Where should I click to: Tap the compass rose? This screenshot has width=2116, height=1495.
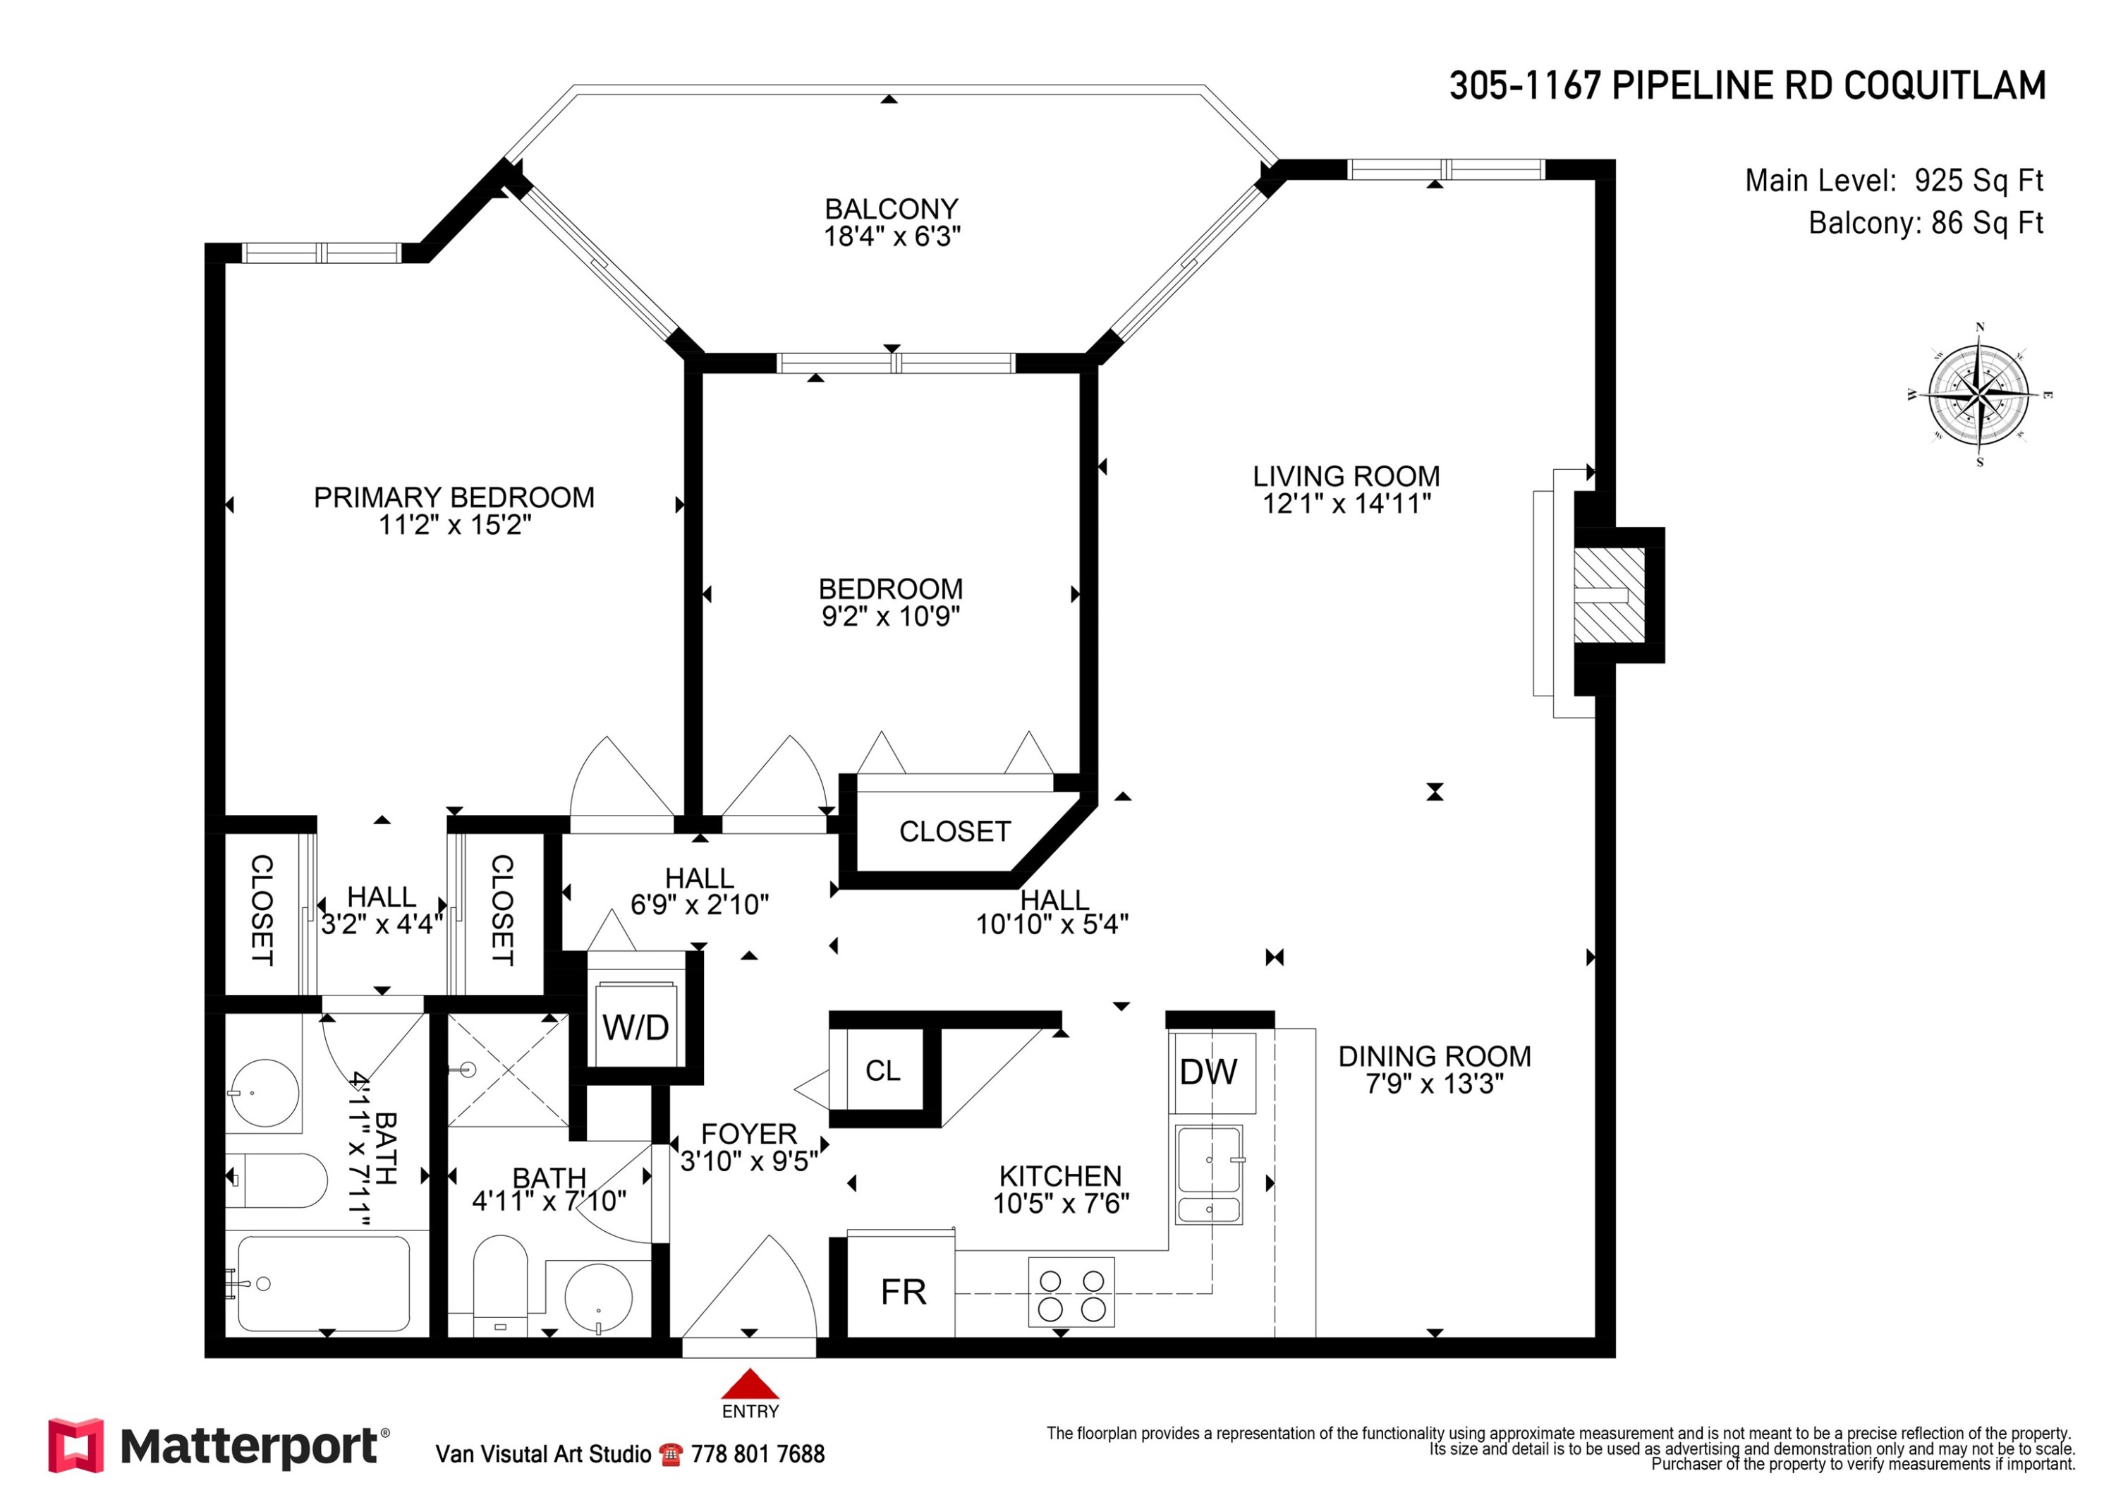[1978, 394]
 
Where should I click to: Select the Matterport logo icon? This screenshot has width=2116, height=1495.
[76, 1445]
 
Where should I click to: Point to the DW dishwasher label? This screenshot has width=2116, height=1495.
[1209, 1071]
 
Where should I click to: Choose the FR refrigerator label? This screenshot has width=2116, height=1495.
[903, 1293]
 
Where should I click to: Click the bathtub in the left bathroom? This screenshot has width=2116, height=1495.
[324, 1283]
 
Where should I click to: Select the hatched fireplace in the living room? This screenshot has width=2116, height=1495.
[1609, 595]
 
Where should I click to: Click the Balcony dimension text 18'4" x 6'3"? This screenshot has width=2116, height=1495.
[892, 237]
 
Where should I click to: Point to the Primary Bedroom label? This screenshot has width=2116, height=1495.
[454, 497]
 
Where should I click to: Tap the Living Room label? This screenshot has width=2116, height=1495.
[1346, 476]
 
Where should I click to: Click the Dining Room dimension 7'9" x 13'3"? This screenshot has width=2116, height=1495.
[1434, 1083]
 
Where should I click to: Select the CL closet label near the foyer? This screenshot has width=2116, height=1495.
[883, 1070]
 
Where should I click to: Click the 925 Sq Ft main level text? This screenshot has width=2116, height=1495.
[1978, 181]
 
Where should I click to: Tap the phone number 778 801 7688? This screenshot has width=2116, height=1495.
[758, 1455]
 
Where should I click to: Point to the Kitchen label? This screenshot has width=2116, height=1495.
[1061, 1176]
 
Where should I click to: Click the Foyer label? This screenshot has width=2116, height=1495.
[749, 1134]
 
